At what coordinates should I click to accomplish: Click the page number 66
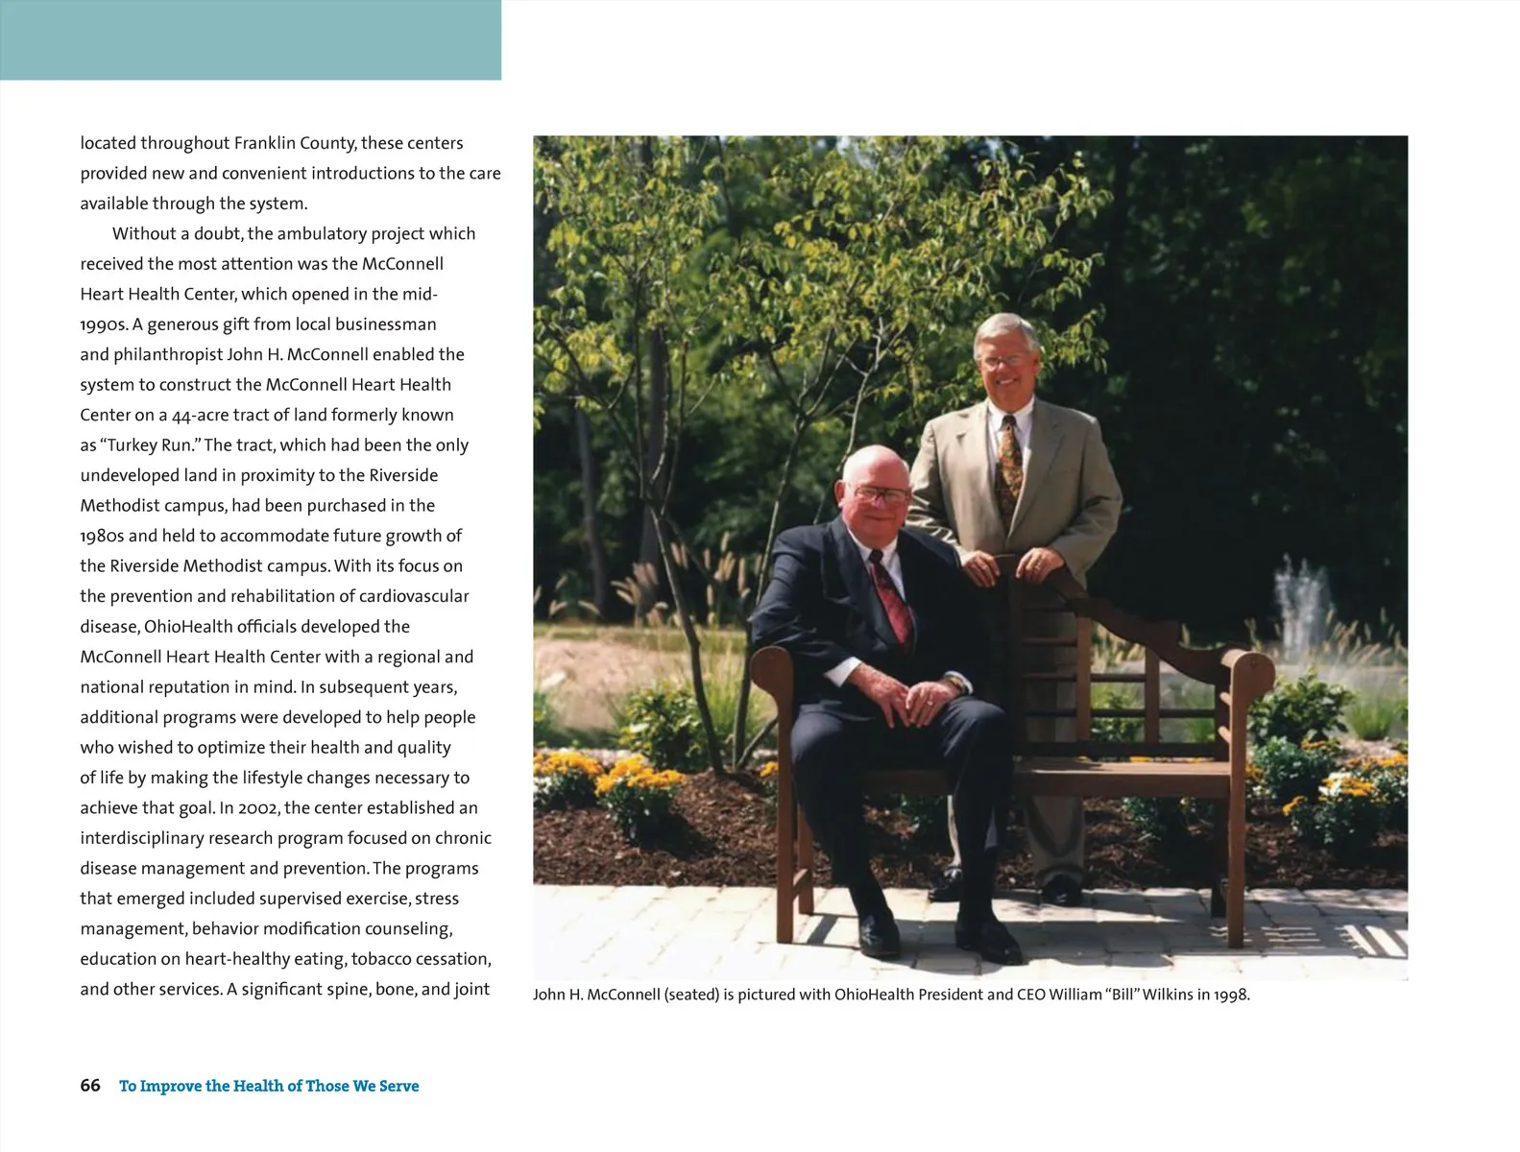click(90, 1086)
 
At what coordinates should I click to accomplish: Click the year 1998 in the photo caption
click(1230, 996)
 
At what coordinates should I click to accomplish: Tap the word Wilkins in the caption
click(1169, 996)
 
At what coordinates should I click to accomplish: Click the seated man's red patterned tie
click(890, 600)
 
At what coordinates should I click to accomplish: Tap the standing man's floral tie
click(1009, 461)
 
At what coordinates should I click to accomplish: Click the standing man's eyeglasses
click(1003, 360)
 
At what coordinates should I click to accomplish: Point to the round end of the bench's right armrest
click(1253, 664)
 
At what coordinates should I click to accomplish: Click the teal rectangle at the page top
click(250, 39)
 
